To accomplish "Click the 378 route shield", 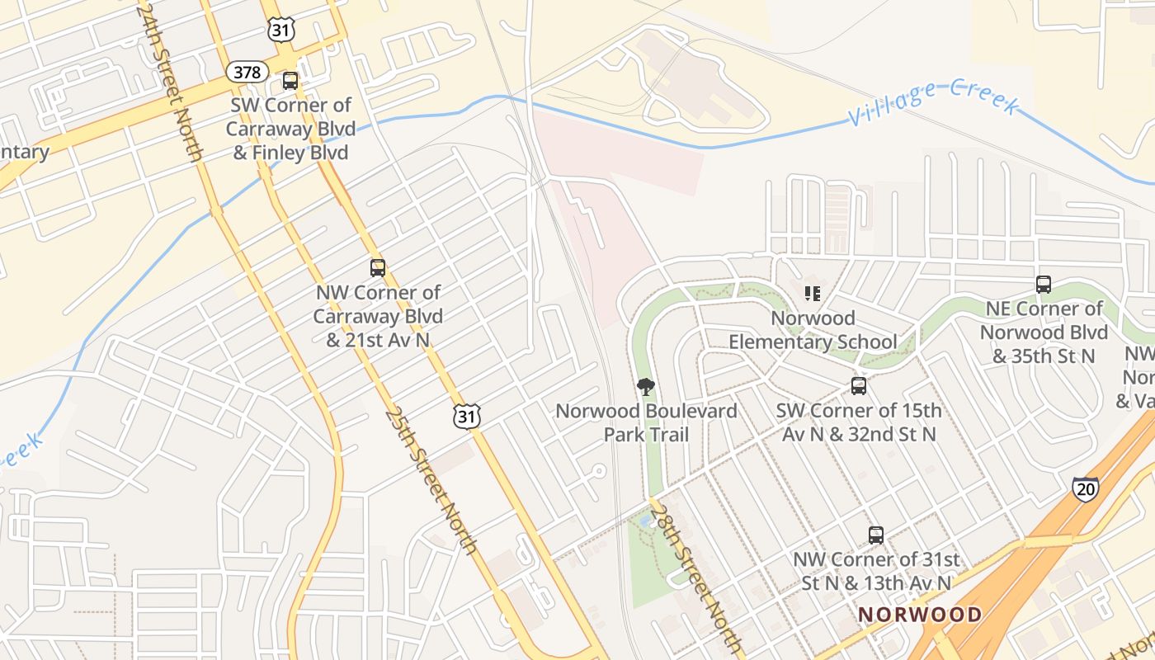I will tap(247, 72).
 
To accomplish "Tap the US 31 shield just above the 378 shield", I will tap(277, 29).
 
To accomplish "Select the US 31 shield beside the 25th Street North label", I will tap(467, 416).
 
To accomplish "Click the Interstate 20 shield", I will tap(1086, 488).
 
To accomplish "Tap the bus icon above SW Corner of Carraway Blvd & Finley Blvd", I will tap(290, 81).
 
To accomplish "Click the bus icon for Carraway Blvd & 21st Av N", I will tap(378, 268).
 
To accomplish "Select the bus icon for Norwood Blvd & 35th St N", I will tap(1044, 285).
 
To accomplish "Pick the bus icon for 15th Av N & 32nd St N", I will tap(859, 386).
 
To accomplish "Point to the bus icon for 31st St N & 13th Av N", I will tap(876, 535).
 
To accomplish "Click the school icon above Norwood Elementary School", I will tap(813, 294).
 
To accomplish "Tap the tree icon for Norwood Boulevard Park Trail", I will tap(646, 387).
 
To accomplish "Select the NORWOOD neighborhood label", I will tap(920, 615).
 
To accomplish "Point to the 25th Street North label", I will tap(430, 480).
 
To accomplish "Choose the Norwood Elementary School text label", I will tap(813, 330).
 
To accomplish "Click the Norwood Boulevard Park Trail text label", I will tap(646, 422).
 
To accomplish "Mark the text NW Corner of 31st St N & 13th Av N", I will tap(876, 571).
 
